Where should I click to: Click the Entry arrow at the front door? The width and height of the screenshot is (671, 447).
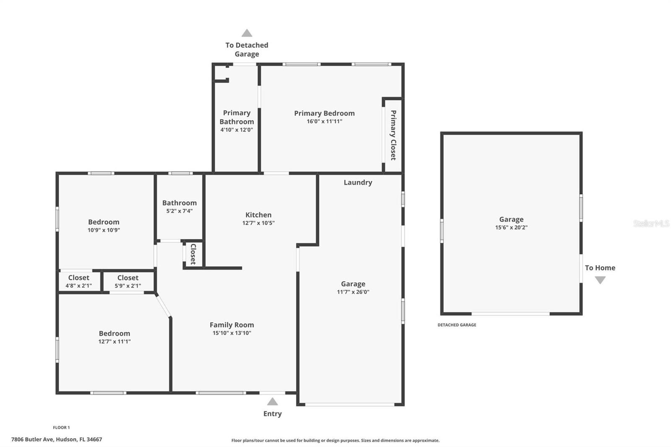pos(272,402)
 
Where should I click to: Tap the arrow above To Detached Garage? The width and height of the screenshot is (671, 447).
pos(247,33)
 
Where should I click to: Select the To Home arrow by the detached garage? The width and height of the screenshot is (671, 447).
pos(600,280)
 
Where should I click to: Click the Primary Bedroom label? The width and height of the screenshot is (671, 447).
pos(324,113)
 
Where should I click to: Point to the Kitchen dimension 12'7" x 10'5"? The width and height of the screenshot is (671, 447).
pos(258,223)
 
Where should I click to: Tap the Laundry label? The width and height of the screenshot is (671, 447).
pos(358,182)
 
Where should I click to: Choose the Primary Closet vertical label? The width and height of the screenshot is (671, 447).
pos(393,135)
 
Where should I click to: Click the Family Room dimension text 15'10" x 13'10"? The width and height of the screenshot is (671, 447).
pos(231,333)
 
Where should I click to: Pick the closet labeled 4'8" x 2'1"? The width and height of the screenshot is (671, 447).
pos(78,281)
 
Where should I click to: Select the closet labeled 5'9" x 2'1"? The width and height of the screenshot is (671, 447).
pos(128,281)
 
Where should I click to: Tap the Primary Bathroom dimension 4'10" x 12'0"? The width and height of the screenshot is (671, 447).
pos(237,130)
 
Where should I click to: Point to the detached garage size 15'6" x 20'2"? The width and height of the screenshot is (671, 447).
pos(511,227)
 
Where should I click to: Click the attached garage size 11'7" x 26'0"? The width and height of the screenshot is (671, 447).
pos(353,292)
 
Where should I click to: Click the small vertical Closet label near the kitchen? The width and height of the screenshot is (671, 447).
pos(193,254)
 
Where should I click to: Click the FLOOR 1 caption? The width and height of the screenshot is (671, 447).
pos(61,427)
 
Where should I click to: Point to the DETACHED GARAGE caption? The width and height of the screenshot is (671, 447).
pos(457,325)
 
